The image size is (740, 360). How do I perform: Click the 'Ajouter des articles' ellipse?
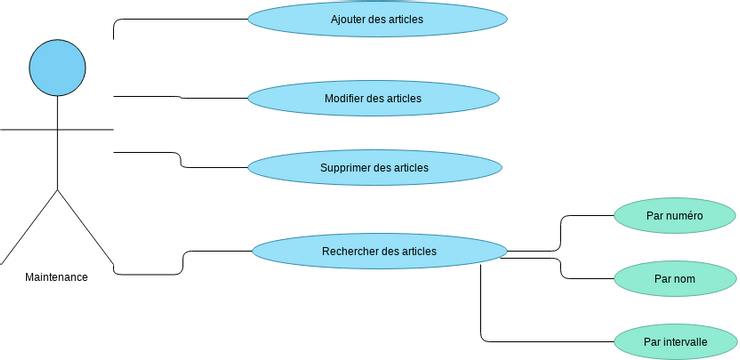point(376,19)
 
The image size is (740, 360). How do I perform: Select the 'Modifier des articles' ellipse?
point(372,98)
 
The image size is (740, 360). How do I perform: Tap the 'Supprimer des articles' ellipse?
point(374,167)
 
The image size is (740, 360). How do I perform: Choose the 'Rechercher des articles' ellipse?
point(379,251)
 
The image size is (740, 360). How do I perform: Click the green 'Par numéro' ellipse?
point(674,215)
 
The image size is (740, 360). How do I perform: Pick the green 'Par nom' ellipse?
point(674,278)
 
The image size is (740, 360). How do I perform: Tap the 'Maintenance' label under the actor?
point(56,277)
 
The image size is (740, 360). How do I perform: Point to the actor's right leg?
point(85,224)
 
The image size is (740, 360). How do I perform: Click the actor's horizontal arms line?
point(56,130)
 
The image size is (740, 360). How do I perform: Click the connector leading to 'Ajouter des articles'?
point(180,19)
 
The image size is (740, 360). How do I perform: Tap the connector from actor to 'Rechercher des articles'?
point(183,262)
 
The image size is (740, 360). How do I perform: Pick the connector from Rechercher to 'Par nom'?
point(561,268)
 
